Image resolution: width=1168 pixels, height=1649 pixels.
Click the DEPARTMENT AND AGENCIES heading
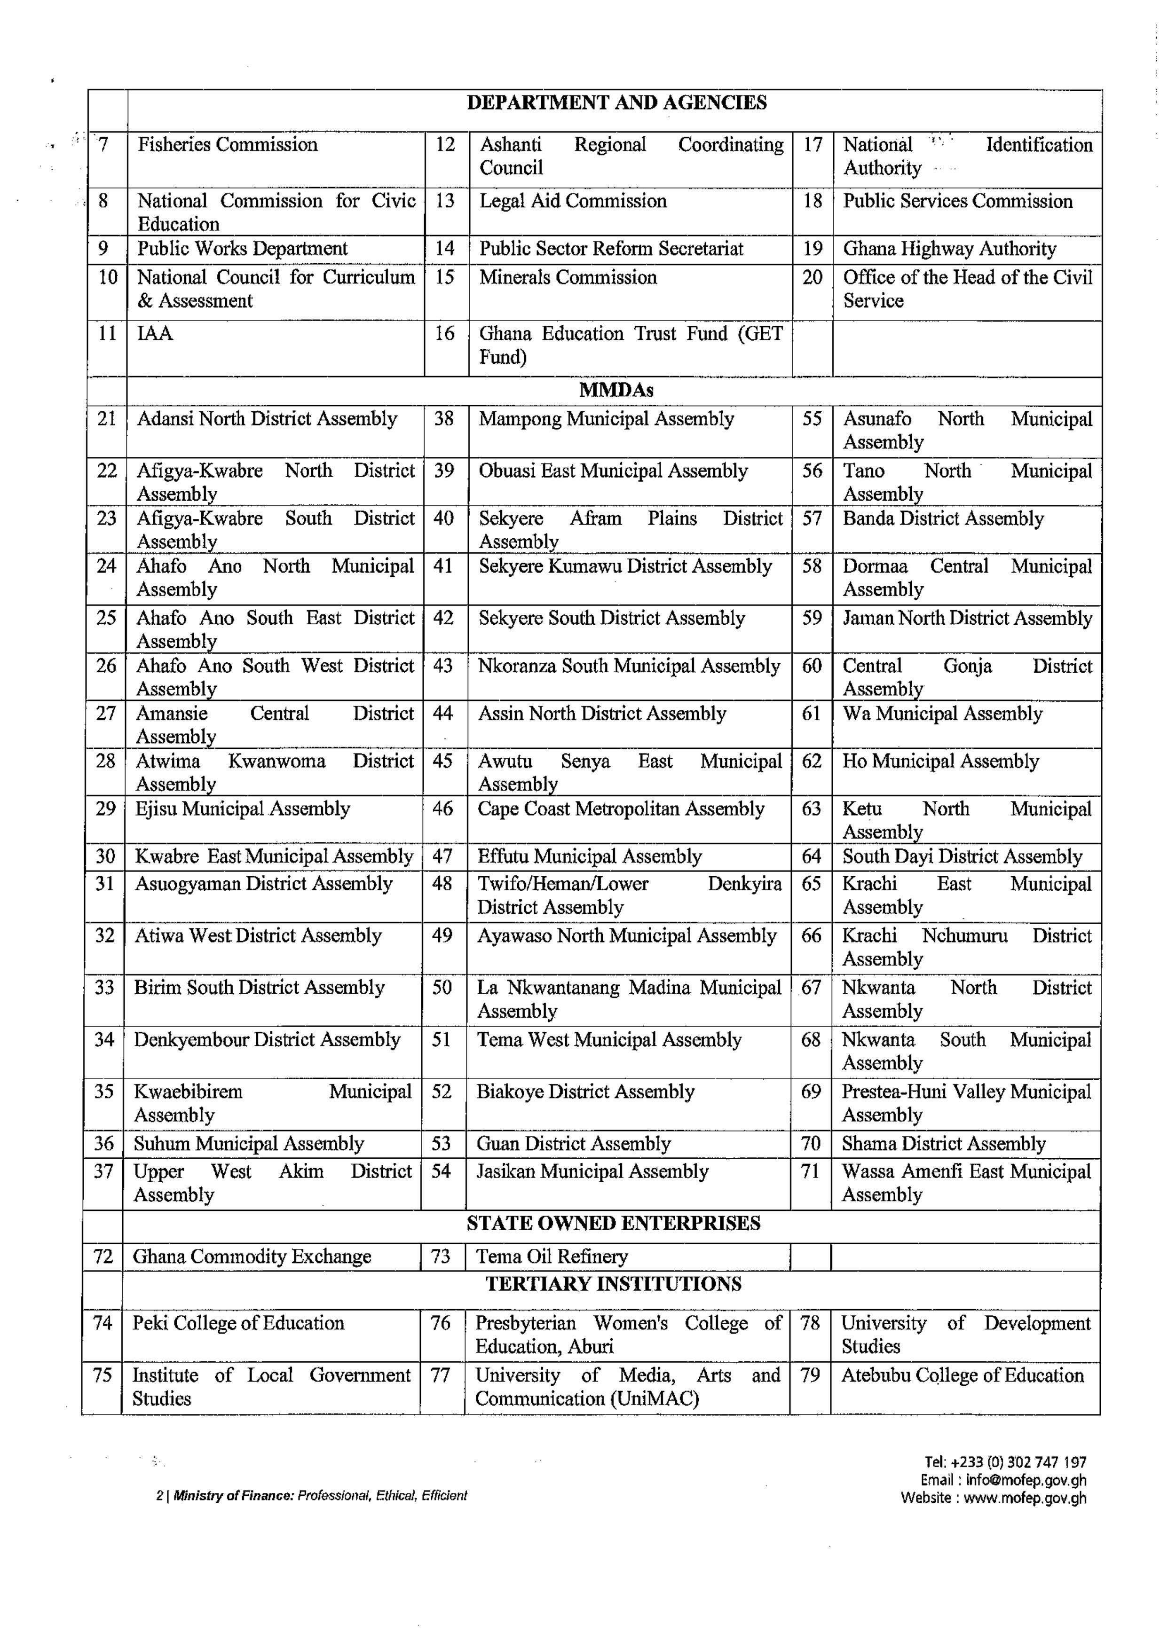tap(616, 103)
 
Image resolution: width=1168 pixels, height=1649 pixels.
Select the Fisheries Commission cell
tap(227, 144)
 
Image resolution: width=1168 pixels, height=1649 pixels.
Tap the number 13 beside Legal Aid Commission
tap(445, 201)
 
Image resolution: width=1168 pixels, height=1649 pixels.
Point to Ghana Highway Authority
tap(949, 249)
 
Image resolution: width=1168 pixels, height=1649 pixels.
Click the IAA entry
tap(155, 334)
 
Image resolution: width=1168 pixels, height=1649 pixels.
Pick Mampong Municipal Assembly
tap(606, 419)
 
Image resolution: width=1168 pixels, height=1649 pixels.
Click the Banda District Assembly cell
tap(943, 518)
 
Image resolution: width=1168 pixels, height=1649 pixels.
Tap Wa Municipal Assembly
tap(942, 714)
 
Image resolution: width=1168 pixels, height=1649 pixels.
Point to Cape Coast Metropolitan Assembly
tap(621, 809)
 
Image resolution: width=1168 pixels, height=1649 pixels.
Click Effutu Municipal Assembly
tap(589, 856)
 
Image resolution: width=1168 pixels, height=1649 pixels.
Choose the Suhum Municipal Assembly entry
tap(248, 1144)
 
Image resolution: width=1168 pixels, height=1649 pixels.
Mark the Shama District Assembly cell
tap(943, 1144)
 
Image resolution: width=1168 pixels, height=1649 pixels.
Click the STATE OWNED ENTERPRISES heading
tap(613, 1224)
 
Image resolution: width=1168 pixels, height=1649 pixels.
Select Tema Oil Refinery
tap(552, 1256)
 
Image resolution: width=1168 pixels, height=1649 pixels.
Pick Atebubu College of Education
tap(963, 1375)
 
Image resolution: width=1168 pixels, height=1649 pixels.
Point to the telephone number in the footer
tap(1018, 1462)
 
